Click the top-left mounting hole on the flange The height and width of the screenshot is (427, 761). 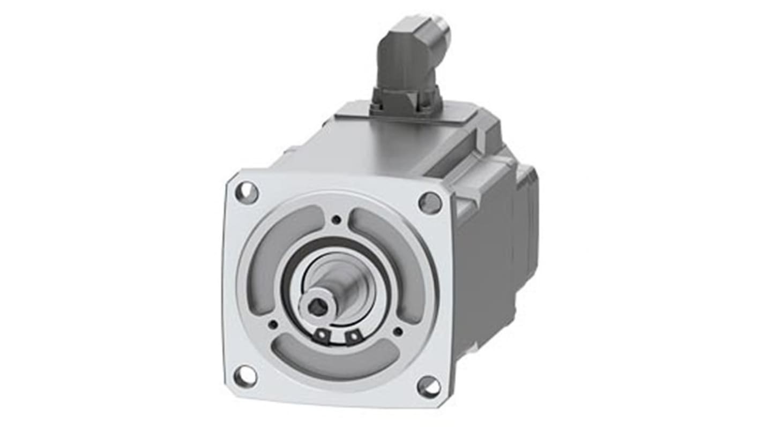(247, 192)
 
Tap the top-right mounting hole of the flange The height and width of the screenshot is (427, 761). (430, 202)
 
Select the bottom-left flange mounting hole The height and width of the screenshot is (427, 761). (245, 376)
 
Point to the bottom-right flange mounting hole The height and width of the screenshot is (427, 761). (429, 386)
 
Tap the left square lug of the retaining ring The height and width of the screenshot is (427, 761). (322, 334)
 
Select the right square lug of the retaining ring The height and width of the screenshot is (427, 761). (352, 336)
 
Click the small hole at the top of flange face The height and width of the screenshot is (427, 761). (336, 219)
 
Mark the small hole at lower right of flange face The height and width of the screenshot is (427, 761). (397, 332)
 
